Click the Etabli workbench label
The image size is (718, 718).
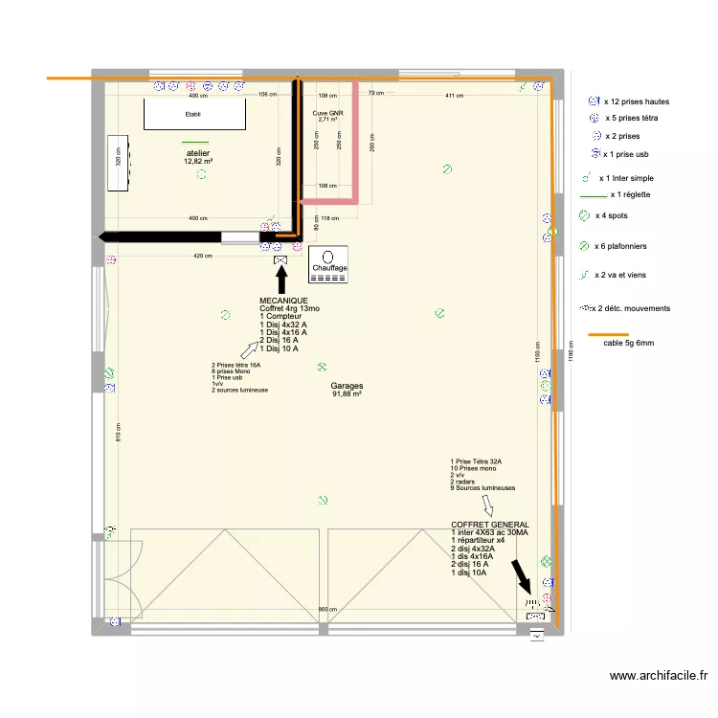click(x=195, y=114)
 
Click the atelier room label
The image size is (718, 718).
click(x=198, y=153)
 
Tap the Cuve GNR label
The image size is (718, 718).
click(x=327, y=112)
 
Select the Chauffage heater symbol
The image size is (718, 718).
click(x=328, y=263)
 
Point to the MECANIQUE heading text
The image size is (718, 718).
click(x=283, y=301)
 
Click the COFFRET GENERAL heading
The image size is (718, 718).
click(x=489, y=525)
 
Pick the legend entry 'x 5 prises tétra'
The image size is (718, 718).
click(x=638, y=119)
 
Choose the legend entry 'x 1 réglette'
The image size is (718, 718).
click(x=630, y=195)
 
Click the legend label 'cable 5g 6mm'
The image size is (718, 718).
click(x=629, y=343)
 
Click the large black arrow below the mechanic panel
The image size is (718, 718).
click(x=281, y=280)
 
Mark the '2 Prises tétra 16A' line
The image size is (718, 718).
click(x=236, y=365)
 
